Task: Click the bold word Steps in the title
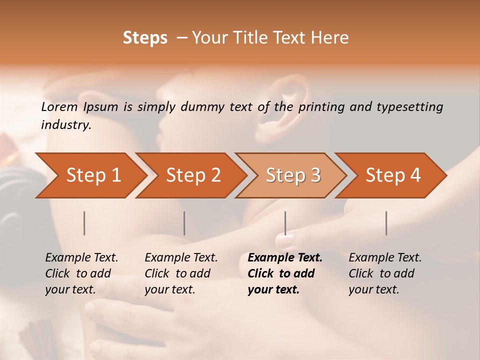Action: pos(145,38)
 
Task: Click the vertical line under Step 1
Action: pos(84,223)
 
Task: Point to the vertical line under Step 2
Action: pos(184,223)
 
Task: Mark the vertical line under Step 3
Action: pos(285,223)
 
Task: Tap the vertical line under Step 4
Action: pos(386,223)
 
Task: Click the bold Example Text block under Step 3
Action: pos(285,273)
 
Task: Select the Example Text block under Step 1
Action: pos(81,273)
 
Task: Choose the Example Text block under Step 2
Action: pos(181,273)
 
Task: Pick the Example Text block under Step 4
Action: pos(385,273)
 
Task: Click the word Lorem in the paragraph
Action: pos(59,106)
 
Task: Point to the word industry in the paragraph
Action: pos(65,125)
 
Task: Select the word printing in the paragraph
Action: pos(321,107)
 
